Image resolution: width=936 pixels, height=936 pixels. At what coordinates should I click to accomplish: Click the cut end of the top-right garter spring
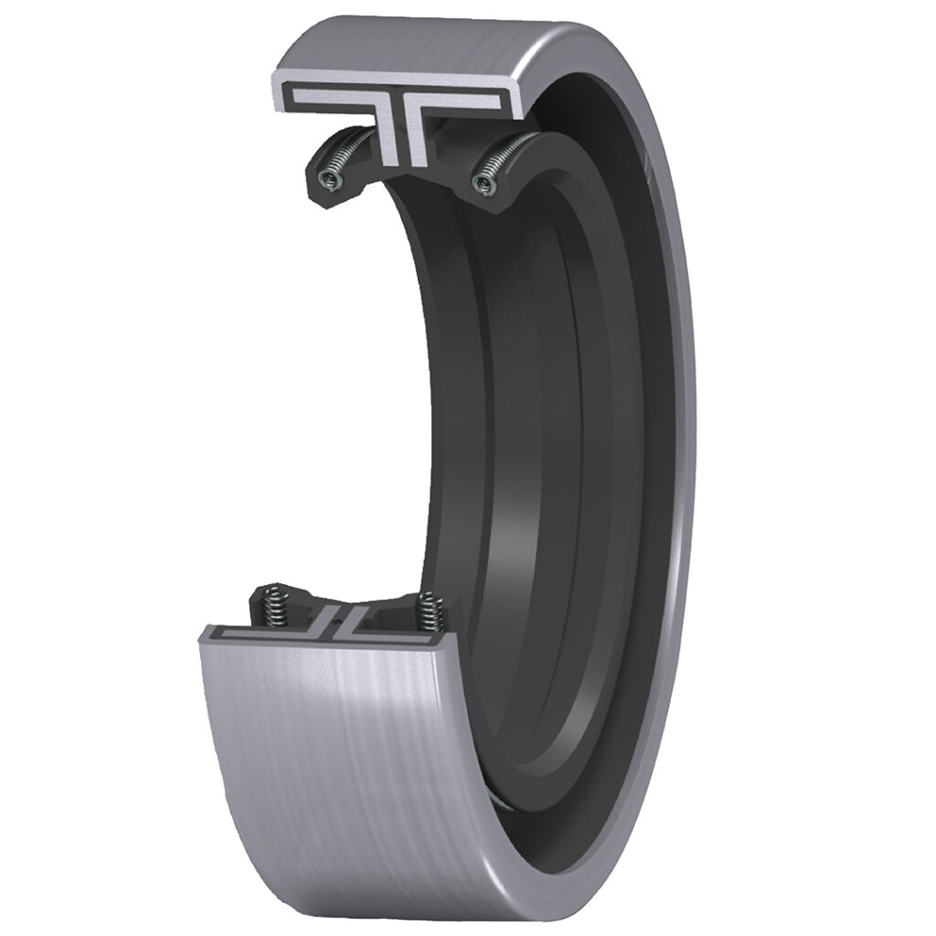click(x=484, y=184)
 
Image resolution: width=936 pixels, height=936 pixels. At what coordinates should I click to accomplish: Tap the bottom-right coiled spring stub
click(x=428, y=612)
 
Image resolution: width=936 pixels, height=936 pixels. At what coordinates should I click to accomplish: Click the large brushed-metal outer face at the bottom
click(x=347, y=777)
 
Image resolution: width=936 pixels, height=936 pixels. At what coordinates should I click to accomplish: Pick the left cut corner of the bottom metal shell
click(x=203, y=632)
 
